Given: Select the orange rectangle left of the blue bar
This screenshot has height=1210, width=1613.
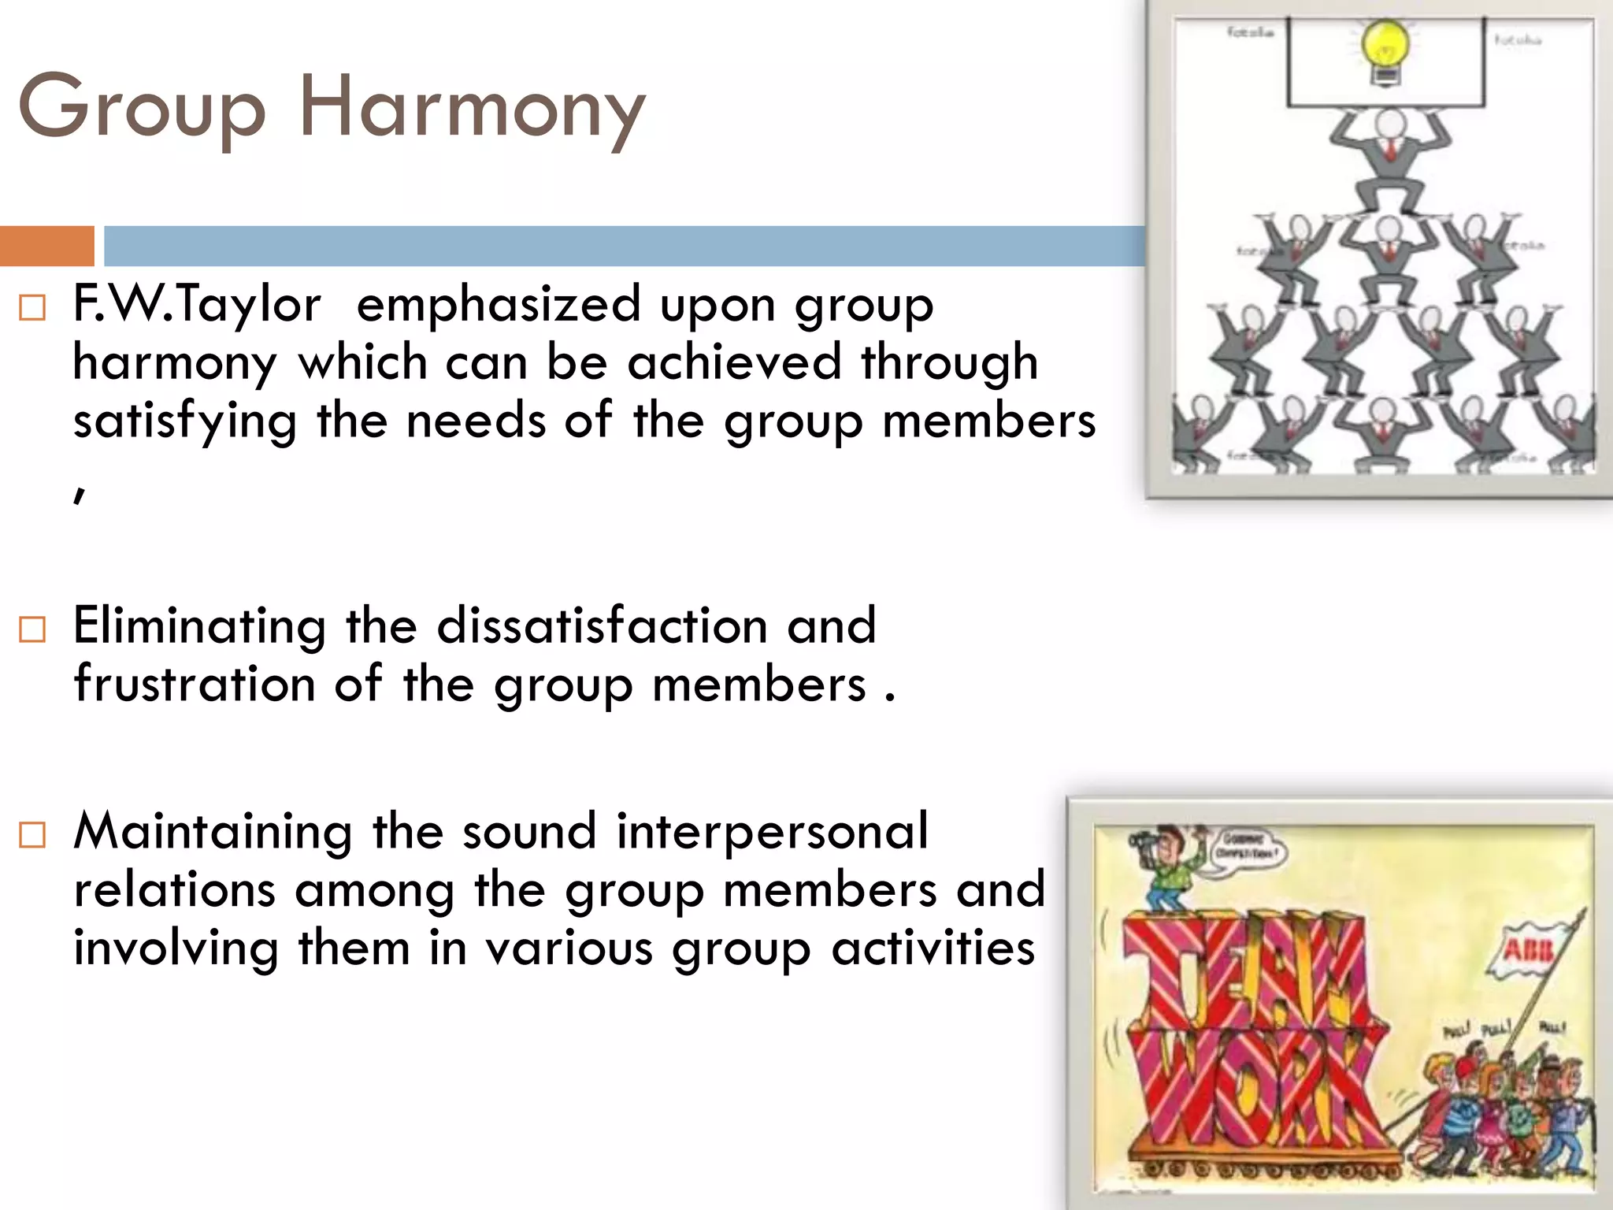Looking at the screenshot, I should pyautogui.click(x=46, y=246).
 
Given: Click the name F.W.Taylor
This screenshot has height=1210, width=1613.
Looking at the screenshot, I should pyautogui.click(x=197, y=304).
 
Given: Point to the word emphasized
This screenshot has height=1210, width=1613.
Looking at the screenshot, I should pyautogui.click(x=499, y=304).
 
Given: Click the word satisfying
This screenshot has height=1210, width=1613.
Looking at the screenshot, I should pyautogui.click(x=185, y=421).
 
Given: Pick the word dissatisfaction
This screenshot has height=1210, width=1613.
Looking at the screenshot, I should pyautogui.click(x=603, y=625).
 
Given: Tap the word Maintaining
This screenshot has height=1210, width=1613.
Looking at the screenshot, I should pyautogui.click(x=213, y=831).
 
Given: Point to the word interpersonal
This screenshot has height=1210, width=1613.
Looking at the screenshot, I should pyautogui.click(x=772, y=831).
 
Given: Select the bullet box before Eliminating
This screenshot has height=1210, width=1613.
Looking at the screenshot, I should pyautogui.click(x=32, y=629).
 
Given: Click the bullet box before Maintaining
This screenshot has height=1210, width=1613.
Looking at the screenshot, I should pyautogui.click(x=32, y=835).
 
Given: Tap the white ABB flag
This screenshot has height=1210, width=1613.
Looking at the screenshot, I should pyautogui.click(x=1524, y=953).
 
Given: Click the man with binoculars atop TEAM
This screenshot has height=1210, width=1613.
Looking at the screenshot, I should pyautogui.click(x=1166, y=867).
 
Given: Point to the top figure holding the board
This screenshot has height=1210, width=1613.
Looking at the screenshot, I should pyautogui.click(x=1390, y=158).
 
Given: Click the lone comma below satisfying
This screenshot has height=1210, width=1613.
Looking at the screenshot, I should pyautogui.click(x=79, y=493).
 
